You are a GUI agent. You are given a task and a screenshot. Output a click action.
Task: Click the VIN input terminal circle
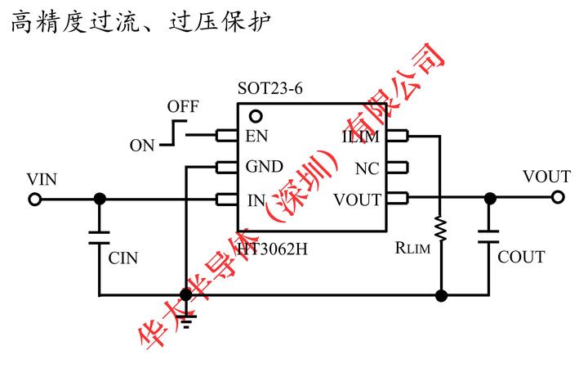pos(34,199)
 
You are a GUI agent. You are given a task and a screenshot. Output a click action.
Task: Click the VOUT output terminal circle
pos(558,198)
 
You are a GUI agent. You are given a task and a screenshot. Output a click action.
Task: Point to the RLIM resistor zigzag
pos(440,229)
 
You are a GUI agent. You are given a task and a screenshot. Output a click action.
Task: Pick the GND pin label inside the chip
pos(265,167)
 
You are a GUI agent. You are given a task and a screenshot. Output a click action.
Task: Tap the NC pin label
pos(367,168)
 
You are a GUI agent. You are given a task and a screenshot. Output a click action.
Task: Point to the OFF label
pos(183,107)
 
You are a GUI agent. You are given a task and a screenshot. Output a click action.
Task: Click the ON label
pos(142,146)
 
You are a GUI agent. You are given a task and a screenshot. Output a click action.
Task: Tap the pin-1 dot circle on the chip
pos(255,117)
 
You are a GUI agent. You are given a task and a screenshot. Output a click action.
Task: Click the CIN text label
pos(123,258)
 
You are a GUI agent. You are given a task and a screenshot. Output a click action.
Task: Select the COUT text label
pos(521,258)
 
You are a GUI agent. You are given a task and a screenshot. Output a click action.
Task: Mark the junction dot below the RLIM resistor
pos(441,295)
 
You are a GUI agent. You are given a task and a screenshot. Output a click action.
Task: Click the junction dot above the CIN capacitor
pos(100,199)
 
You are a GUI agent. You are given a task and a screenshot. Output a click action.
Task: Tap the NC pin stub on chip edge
pos(395,168)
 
